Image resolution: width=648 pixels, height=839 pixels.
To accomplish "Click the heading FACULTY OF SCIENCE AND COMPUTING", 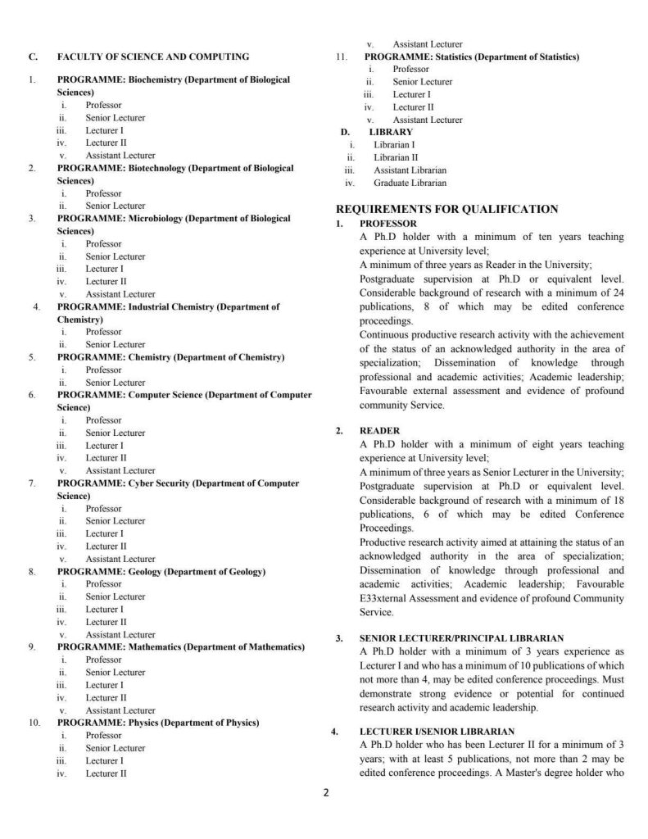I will coord(153,57).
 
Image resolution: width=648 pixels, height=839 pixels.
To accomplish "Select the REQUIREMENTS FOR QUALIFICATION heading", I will coord(447,209).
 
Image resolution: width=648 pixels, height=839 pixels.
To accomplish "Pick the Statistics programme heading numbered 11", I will coord(471,57).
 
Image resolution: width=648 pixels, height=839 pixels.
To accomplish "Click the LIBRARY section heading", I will coord(391,131).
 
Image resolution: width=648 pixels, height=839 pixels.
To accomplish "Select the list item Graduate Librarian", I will coord(410,183).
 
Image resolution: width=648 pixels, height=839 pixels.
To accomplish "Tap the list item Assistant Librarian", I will coord(409,170).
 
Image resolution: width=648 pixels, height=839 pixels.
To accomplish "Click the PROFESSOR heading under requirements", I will coord(388,224).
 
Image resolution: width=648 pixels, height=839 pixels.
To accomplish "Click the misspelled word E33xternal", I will coord(382,597).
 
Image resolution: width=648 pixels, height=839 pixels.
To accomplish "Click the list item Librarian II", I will coord(396,157).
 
